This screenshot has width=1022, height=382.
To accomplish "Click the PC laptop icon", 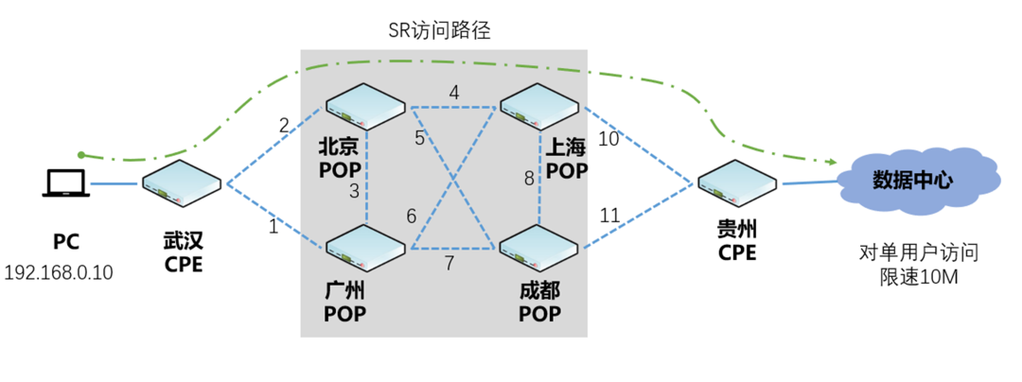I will (66, 182).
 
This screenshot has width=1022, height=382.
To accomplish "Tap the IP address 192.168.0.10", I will (59, 273).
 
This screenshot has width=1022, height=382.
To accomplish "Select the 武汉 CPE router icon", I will (184, 182).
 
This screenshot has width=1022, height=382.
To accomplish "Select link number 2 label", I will (283, 124).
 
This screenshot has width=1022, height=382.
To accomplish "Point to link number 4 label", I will (454, 93).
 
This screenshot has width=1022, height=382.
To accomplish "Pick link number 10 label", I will (608, 139).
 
